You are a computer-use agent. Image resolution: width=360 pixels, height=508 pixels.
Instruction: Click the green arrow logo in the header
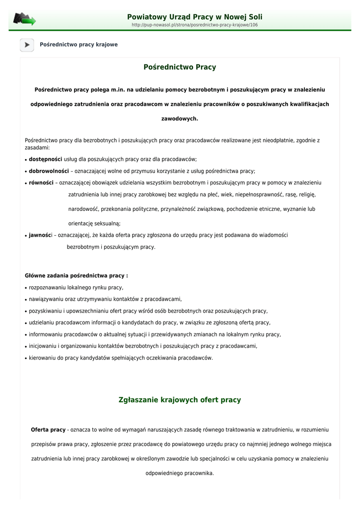24,20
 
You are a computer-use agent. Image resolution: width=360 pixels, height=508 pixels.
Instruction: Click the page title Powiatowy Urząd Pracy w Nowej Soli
195,17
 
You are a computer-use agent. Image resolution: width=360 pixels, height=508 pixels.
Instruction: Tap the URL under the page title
195,25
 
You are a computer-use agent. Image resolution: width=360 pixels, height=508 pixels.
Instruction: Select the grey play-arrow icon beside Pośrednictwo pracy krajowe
27,45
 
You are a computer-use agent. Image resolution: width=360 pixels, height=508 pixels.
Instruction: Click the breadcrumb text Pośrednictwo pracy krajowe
78,45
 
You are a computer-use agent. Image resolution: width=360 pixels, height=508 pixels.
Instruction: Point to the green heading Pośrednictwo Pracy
180,67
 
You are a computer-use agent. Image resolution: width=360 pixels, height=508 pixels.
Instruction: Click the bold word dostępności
45,159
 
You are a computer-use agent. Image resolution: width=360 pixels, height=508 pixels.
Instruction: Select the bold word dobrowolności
49,171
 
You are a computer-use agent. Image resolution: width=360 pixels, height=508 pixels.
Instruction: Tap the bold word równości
41,183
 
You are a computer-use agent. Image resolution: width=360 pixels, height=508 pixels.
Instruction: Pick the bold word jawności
40,235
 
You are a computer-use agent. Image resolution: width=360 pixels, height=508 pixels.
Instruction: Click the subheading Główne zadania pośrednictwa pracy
76,275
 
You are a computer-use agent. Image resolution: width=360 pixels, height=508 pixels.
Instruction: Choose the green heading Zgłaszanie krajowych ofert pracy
180,400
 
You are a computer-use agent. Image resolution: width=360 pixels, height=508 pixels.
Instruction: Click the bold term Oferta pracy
48,430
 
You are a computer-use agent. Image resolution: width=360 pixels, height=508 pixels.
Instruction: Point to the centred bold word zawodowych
180,119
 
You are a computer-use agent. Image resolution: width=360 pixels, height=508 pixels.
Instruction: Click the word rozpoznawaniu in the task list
46,288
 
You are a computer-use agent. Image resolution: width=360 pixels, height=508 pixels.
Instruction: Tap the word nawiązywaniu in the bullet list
46,299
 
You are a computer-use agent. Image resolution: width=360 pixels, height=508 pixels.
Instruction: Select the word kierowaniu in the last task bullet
43,358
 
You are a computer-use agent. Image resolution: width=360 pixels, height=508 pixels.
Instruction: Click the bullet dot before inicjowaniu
25,347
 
